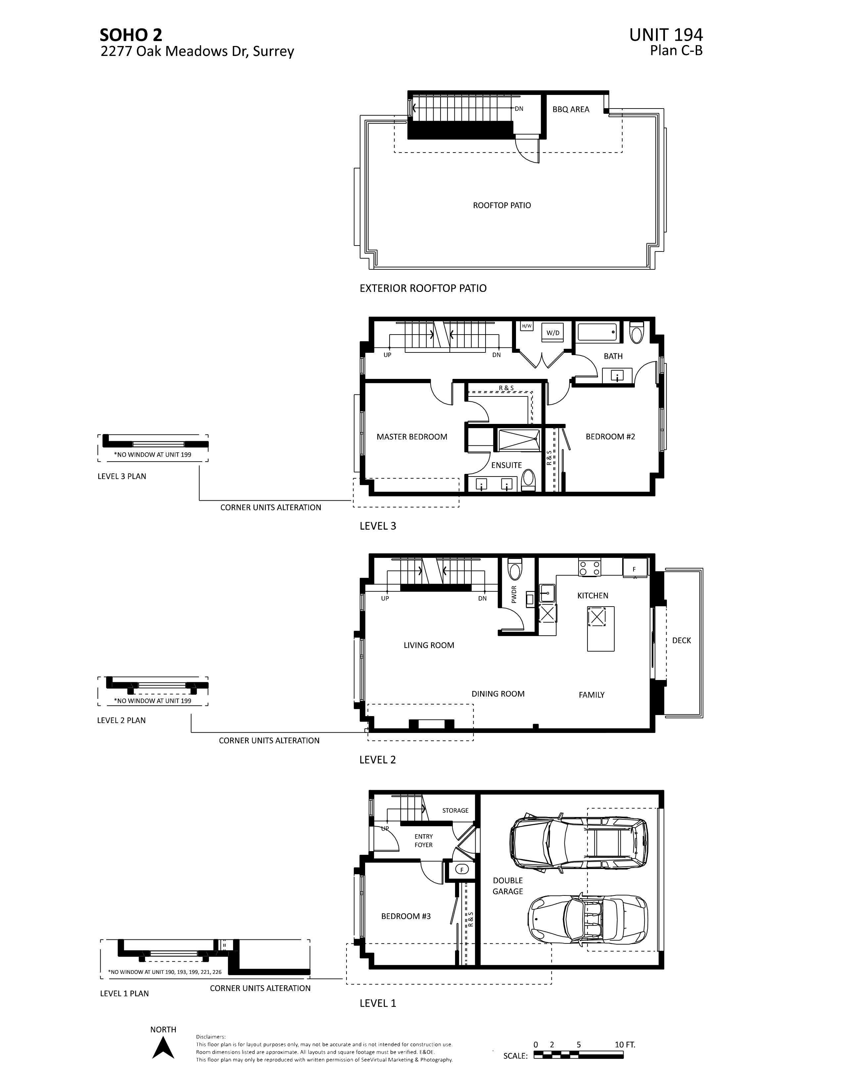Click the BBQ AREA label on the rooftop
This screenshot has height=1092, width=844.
click(x=571, y=110)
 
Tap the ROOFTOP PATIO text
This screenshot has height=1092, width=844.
click(x=501, y=205)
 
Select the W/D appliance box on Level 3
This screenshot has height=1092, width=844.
click(x=552, y=333)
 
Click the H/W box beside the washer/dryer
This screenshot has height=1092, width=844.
click(x=527, y=326)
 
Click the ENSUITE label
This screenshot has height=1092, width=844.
click(x=506, y=465)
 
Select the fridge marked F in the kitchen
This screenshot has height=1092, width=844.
click(x=634, y=569)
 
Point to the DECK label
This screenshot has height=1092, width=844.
click(x=681, y=641)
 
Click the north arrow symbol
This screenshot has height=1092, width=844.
click(x=163, y=1048)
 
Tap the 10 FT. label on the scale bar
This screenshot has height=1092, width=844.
click(x=625, y=1044)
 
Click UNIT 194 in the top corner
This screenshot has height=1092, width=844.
click(x=666, y=35)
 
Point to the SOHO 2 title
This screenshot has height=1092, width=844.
click(x=131, y=35)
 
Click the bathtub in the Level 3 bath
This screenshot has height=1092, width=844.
click(x=597, y=332)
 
